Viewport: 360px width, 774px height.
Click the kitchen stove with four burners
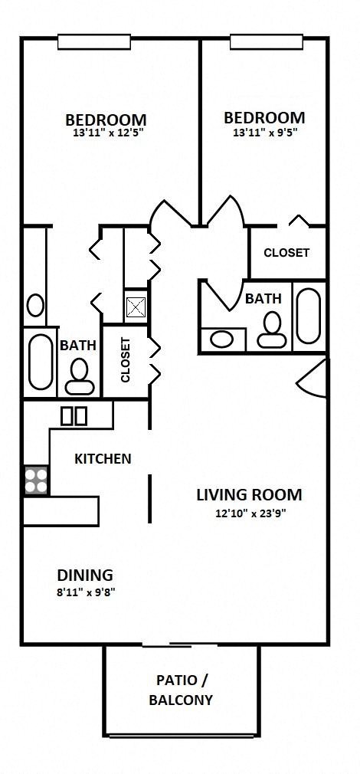pos(35,480)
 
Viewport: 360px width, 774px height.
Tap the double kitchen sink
pos(74,416)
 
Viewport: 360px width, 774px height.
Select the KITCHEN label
pos(103,459)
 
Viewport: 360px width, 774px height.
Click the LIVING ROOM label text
pos(249,494)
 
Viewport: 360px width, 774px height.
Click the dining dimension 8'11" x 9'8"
pos(86,592)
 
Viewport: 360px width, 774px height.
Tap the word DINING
pos(85,575)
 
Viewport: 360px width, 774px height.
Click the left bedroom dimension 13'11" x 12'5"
pos(106,133)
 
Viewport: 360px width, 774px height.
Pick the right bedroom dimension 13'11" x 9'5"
pos(264,131)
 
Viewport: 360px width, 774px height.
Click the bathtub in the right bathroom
pos(308,316)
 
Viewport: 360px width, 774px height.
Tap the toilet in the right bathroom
pos(270,332)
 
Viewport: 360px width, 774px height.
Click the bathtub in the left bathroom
pos(40,359)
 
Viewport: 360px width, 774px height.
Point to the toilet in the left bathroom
pos(78,374)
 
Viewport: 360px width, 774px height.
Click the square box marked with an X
pos(136,307)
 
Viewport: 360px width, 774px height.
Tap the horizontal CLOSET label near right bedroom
pos(286,253)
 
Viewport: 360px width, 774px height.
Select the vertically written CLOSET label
pos(126,360)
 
